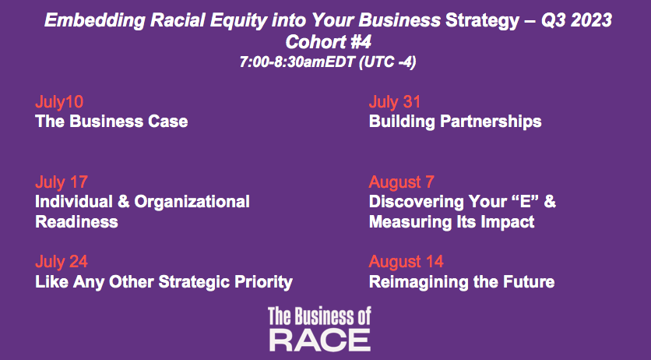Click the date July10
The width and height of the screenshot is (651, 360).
tap(59, 102)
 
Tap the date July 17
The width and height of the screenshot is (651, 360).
tap(62, 182)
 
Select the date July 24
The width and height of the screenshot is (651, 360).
tap(62, 262)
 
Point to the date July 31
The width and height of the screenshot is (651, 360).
tap(395, 102)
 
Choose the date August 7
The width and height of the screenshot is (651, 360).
tap(402, 182)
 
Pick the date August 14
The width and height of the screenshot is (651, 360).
tap(406, 262)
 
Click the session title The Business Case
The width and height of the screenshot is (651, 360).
tap(111, 122)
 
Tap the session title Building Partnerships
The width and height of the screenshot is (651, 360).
tap(455, 122)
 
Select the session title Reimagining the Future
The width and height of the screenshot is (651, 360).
tap(462, 282)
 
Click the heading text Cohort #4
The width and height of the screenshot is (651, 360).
tap(328, 41)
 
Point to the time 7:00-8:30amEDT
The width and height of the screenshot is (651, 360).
tap(297, 62)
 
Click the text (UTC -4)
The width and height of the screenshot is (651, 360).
tap(387, 62)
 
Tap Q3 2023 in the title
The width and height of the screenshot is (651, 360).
tap(576, 20)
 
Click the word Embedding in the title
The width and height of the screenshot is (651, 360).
tap(95, 20)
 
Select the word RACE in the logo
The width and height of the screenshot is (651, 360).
tap(320, 341)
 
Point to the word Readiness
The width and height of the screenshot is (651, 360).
tap(77, 222)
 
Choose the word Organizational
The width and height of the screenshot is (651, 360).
tap(192, 202)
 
